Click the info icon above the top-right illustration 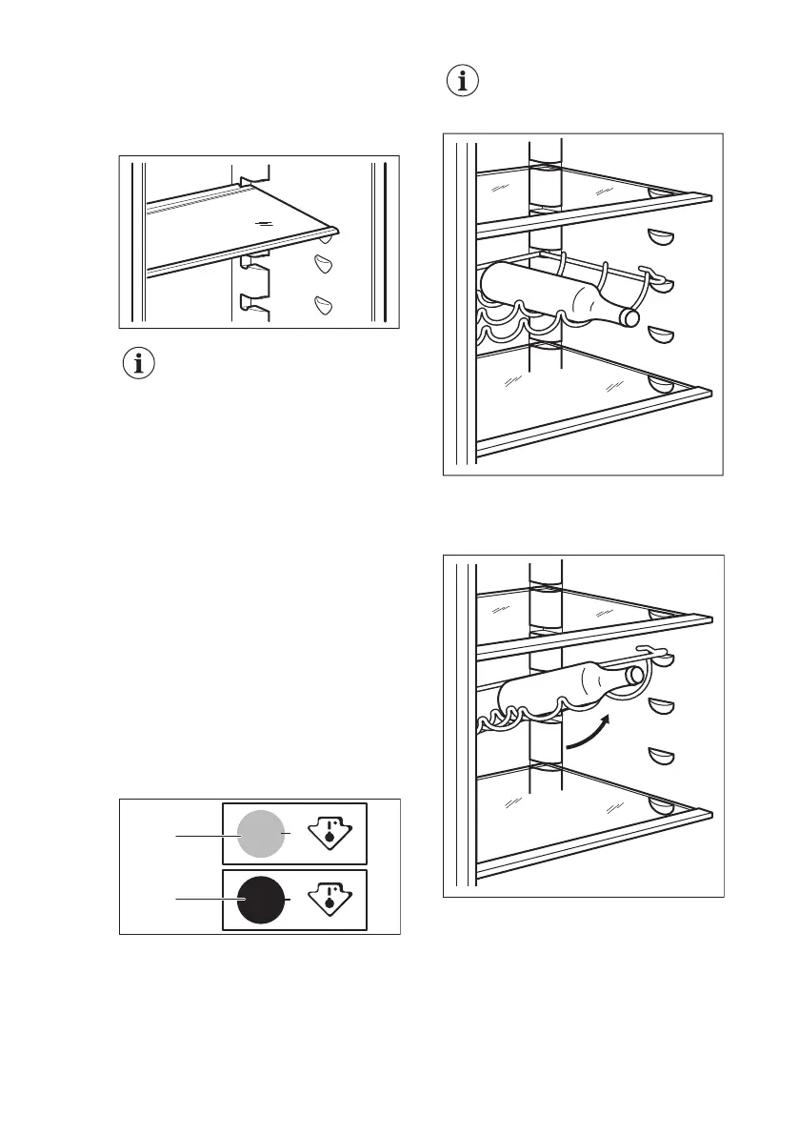pos(464,83)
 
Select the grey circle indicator pos(259,835)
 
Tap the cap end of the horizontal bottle pos(630,315)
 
